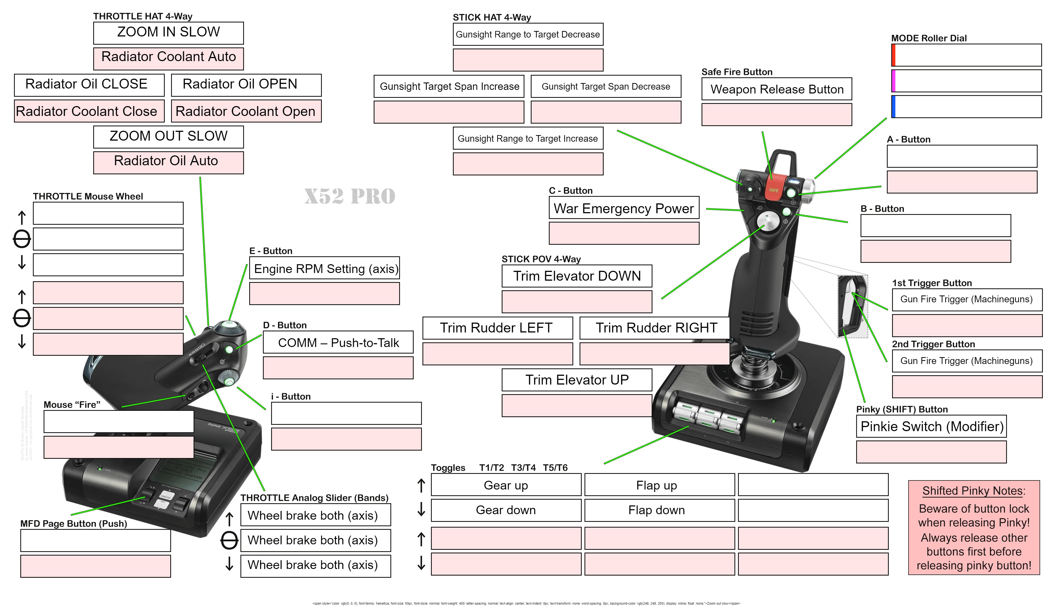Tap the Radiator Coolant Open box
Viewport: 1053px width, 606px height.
(x=246, y=111)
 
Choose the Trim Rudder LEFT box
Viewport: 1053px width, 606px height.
(x=497, y=328)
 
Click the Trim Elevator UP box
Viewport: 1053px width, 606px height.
(x=577, y=380)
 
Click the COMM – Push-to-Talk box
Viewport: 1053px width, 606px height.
(x=338, y=343)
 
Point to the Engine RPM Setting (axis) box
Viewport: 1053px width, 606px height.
(x=324, y=268)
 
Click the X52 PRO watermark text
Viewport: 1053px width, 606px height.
(x=350, y=196)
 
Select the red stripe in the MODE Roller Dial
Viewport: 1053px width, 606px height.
(x=893, y=55)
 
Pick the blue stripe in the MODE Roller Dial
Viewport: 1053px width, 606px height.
(x=893, y=107)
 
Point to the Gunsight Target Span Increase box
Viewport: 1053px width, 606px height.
(x=449, y=87)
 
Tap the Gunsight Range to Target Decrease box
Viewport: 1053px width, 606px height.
(x=528, y=35)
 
